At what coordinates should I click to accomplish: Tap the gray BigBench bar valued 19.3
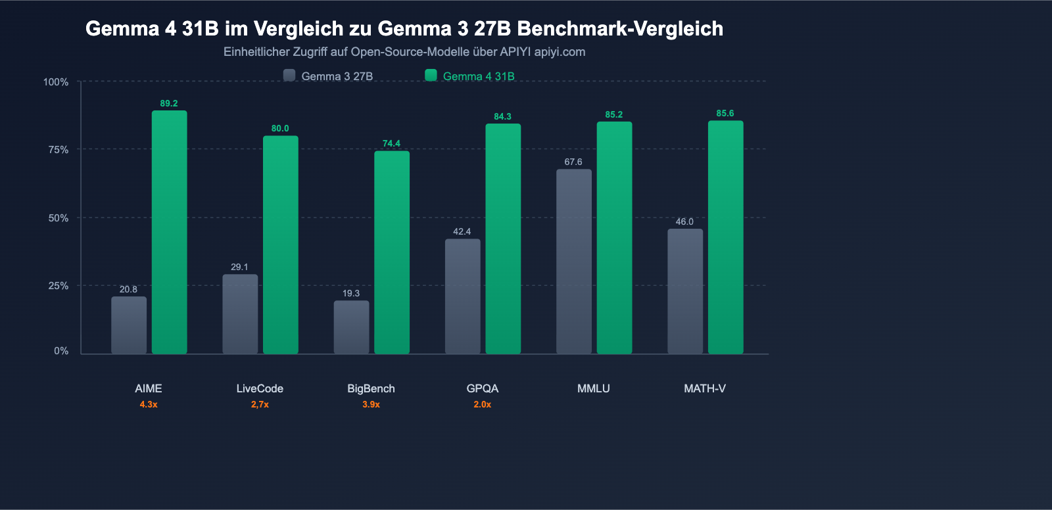click(351, 327)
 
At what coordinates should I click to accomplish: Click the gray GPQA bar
click(462, 296)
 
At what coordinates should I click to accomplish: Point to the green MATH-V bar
click(725, 237)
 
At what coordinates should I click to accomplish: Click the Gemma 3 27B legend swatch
click(289, 76)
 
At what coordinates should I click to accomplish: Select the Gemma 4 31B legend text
click(479, 76)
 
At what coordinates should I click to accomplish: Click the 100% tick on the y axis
click(56, 82)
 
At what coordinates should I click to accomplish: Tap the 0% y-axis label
click(61, 351)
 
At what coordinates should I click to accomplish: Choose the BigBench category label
click(371, 388)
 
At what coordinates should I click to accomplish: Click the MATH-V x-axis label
click(704, 388)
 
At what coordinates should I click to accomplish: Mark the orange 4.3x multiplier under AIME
click(149, 404)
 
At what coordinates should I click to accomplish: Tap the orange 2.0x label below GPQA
click(482, 404)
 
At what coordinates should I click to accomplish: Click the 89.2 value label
click(169, 103)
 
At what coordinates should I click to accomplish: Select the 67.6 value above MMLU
click(573, 162)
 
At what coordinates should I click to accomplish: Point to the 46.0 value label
click(684, 221)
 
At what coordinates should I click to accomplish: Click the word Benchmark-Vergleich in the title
click(620, 28)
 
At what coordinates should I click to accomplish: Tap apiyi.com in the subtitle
click(560, 52)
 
